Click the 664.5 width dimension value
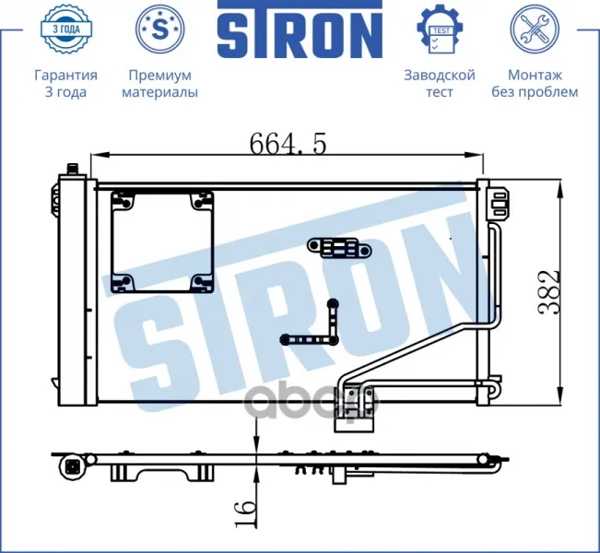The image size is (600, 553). click(x=288, y=144)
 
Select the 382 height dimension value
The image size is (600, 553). click(x=549, y=293)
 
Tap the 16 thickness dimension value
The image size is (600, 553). click(x=244, y=512)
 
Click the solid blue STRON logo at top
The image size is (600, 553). click(x=300, y=29)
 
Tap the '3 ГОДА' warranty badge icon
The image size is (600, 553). click(x=66, y=29)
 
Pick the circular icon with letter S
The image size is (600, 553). click(x=160, y=29)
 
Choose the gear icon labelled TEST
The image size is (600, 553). click(x=440, y=29)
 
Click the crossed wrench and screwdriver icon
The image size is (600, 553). click(x=535, y=29)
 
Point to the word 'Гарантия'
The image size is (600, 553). click(x=65, y=75)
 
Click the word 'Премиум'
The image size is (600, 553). click(x=160, y=76)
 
